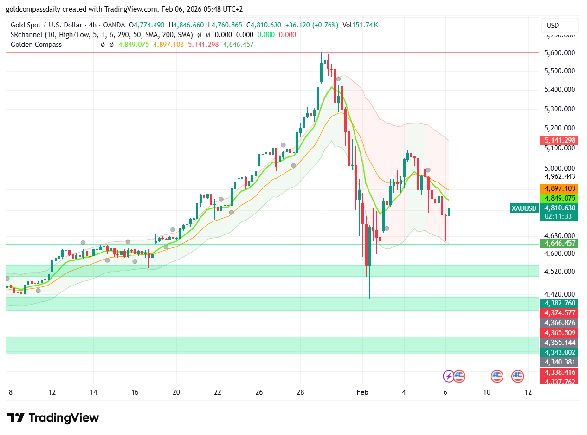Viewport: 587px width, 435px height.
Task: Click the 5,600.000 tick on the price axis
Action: click(x=560, y=53)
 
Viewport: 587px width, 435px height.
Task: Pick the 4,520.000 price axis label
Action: click(x=560, y=272)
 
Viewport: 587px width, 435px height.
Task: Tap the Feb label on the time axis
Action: click(x=362, y=392)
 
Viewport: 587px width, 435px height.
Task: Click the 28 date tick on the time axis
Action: click(x=301, y=392)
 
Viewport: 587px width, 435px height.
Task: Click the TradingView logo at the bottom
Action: click(x=53, y=417)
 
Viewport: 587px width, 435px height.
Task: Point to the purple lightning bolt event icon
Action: click(x=449, y=376)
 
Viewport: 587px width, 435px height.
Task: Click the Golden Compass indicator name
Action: click(x=36, y=45)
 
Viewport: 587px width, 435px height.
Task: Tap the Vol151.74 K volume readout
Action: click(x=360, y=25)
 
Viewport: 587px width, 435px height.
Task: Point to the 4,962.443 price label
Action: click(x=560, y=176)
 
